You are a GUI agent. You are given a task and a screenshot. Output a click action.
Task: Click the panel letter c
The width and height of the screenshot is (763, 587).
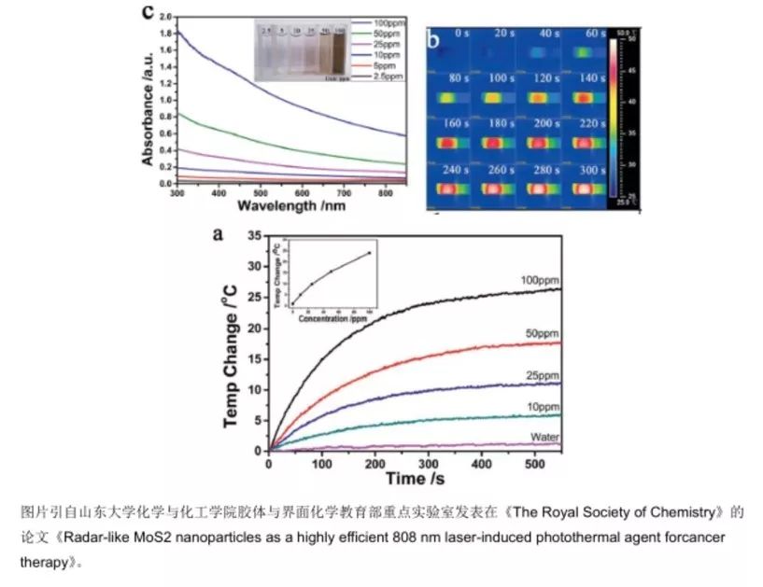coord(146,12)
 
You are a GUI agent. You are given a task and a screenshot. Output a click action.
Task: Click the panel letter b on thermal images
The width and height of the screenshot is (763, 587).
coord(434,39)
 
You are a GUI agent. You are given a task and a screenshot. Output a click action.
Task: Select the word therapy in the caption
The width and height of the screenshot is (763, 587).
coord(45,563)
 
